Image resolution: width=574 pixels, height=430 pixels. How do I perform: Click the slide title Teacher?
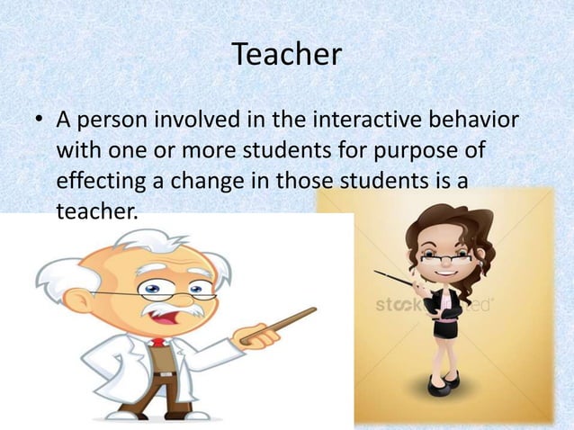pyautogui.click(x=287, y=56)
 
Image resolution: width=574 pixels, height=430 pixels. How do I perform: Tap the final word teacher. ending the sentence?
pyautogui.click(x=98, y=212)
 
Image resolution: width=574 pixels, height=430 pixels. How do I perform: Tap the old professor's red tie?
pyautogui.click(x=159, y=342)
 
